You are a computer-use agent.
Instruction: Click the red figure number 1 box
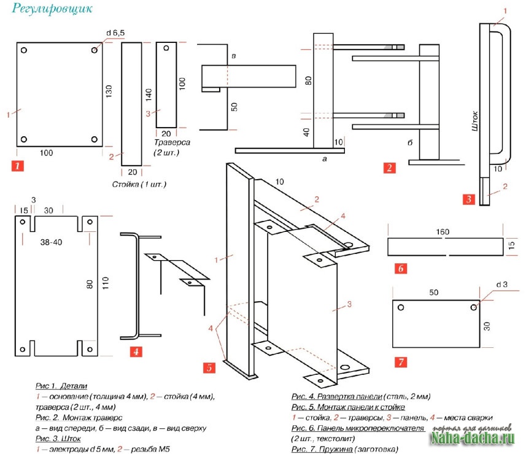click(18, 165)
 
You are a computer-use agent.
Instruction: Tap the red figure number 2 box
click(389, 167)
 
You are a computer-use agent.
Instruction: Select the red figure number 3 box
click(469, 199)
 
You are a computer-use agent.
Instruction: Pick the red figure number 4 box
click(137, 352)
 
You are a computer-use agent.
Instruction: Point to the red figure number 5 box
click(209, 367)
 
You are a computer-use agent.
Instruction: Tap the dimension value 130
click(109, 92)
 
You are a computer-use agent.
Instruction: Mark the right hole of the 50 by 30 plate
click(474, 307)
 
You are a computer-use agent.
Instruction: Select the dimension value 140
click(148, 95)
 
